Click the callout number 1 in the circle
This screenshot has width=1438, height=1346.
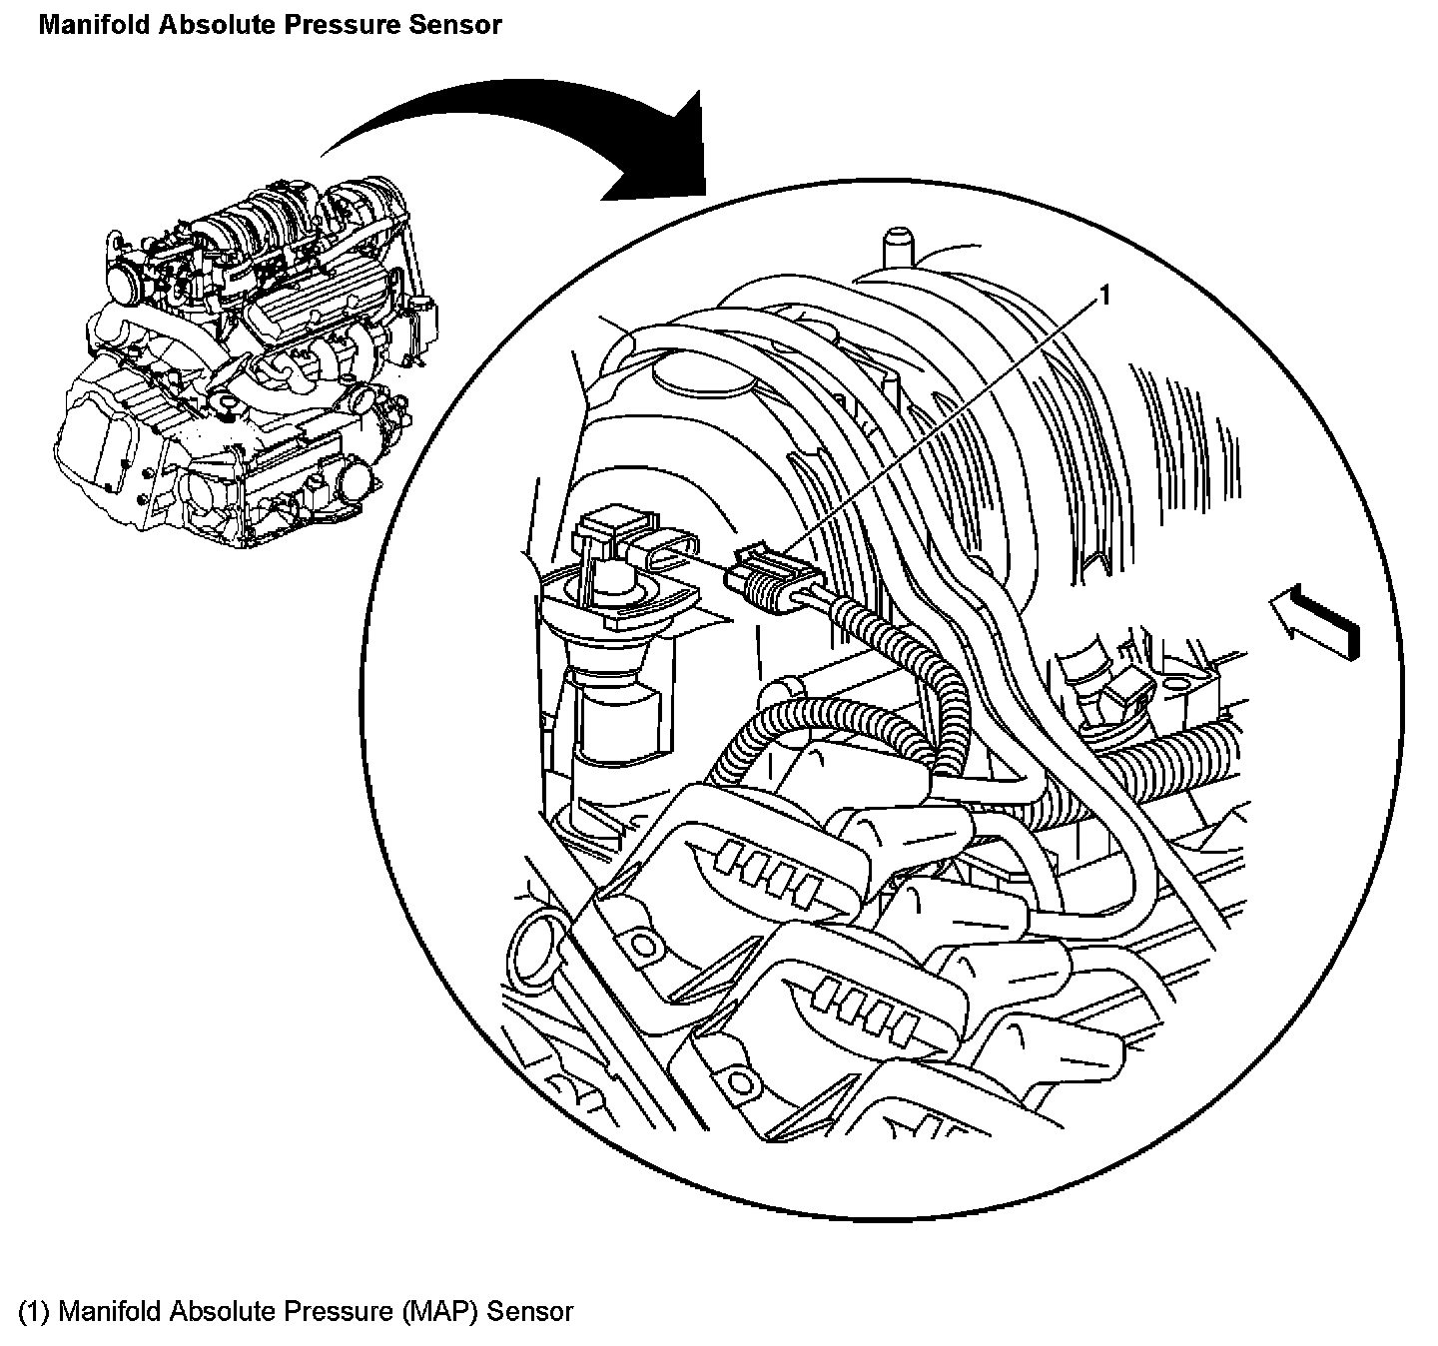1104,295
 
